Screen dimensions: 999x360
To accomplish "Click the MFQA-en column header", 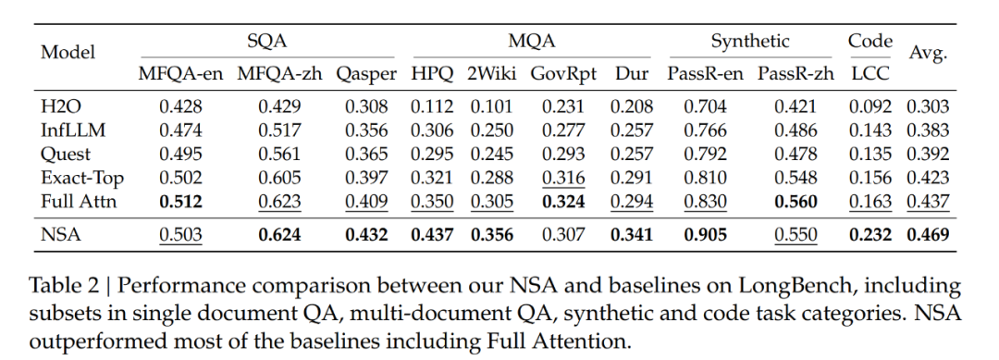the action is coord(181,74).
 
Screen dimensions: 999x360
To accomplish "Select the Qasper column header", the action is coord(366,75).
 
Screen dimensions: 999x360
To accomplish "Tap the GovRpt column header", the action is coord(563,75).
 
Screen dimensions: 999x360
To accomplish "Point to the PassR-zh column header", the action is coord(795,74).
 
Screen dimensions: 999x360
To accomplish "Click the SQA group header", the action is coord(267,42).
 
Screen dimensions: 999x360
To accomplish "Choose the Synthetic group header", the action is coord(750,42).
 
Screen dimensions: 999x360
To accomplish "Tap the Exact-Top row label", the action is coord(81,178).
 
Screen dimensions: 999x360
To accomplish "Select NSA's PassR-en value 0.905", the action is coord(705,234).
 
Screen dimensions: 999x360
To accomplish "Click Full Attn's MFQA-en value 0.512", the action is coord(181,202).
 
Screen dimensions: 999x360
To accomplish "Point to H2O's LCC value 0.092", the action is coord(870,106).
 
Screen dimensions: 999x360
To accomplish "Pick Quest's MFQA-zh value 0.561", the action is coord(279,155).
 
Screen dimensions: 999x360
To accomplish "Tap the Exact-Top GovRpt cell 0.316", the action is coord(563,178).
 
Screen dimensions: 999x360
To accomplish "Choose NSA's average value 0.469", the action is coord(929,234).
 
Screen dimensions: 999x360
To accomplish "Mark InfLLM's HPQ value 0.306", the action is coord(432,130).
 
